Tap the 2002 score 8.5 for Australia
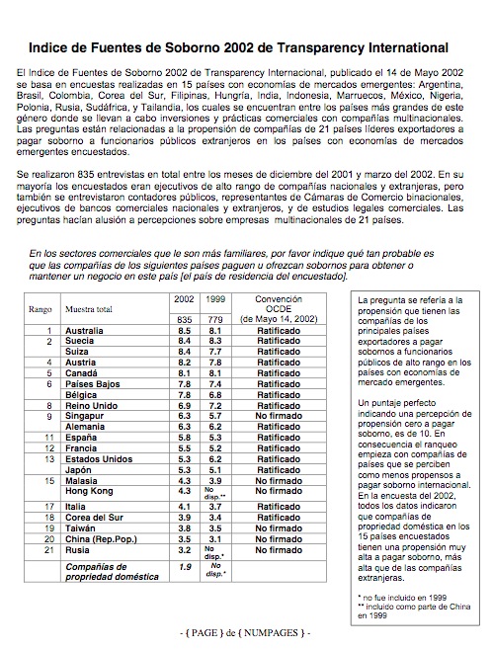(x=184, y=328)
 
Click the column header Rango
(x=39, y=308)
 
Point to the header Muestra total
(x=89, y=308)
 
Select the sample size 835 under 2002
(x=184, y=318)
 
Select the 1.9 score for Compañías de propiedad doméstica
(x=184, y=567)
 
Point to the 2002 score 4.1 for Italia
(x=184, y=504)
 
